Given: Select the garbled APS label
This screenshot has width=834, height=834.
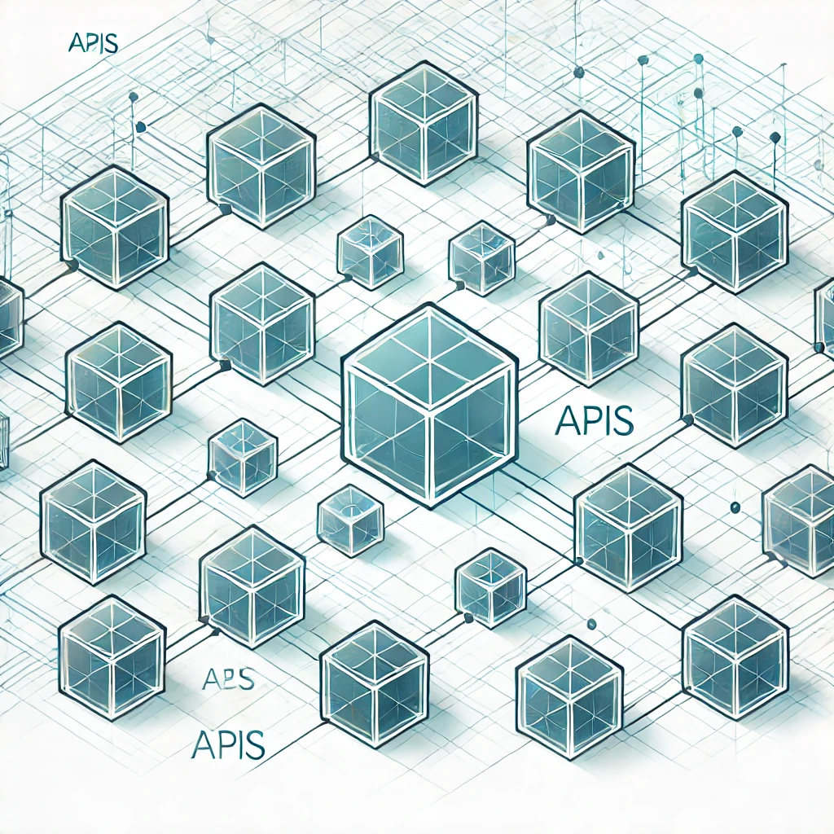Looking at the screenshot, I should [x=227, y=678].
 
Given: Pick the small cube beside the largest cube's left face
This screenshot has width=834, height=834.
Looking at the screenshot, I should [x=243, y=457].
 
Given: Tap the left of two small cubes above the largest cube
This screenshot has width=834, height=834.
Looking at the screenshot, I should [x=370, y=252].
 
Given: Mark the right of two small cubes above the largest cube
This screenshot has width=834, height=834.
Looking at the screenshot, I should [x=481, y=257].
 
